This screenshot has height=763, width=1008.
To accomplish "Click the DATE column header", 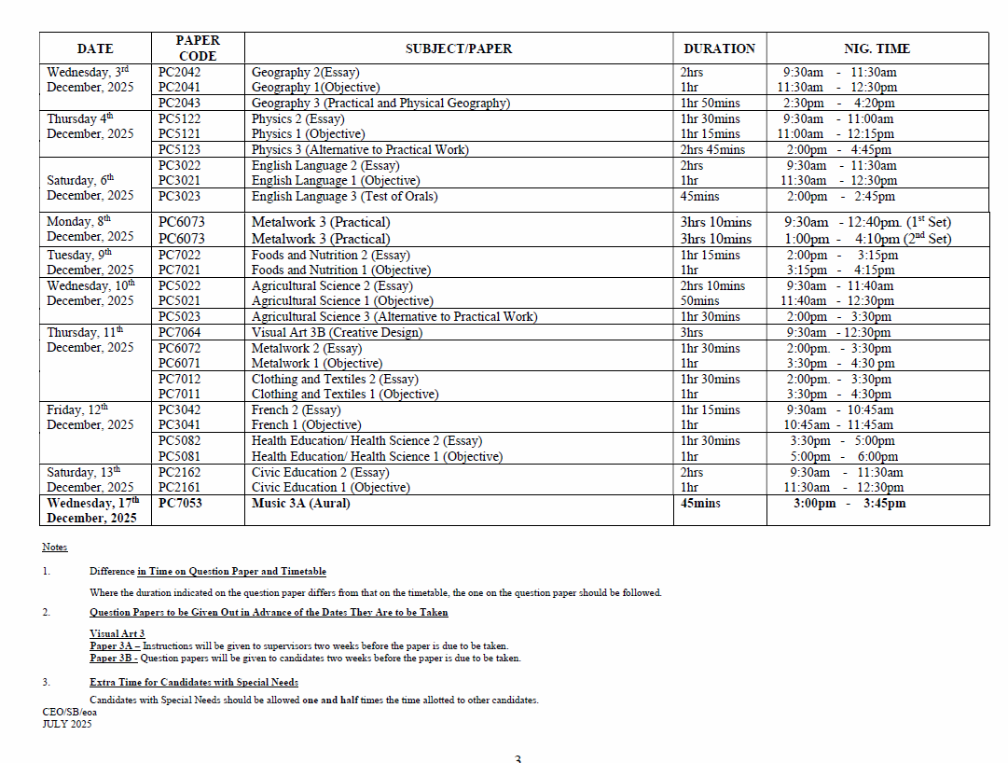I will [95, 49].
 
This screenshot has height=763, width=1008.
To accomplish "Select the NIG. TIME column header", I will [877, 49].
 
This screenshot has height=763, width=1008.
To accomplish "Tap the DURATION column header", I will [719, 49].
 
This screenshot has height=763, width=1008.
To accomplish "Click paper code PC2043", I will [179, 103].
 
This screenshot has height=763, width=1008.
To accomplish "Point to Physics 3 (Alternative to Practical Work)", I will [360, 149].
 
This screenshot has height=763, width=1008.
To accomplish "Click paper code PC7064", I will [179, 332].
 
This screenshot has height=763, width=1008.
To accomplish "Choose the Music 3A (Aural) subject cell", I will [300, 503].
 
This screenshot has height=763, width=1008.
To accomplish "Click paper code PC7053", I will [180, 503].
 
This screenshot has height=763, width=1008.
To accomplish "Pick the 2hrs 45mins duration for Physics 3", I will [712, 149].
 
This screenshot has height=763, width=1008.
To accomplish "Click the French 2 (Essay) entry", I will [296, 409].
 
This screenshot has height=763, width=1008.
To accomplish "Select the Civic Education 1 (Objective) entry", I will [330, 487].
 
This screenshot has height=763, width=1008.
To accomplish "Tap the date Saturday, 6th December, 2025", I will [90, 187].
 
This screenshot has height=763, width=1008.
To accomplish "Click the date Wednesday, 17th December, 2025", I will [93, 510].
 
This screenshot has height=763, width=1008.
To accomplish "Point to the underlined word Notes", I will [54, 547].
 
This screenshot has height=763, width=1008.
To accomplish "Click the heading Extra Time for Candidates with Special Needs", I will [193, 682].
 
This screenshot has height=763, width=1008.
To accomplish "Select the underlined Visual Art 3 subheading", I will [117, 633].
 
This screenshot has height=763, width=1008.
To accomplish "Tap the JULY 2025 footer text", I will [67, 724].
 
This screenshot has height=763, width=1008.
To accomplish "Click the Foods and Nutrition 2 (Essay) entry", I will [330, 255].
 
